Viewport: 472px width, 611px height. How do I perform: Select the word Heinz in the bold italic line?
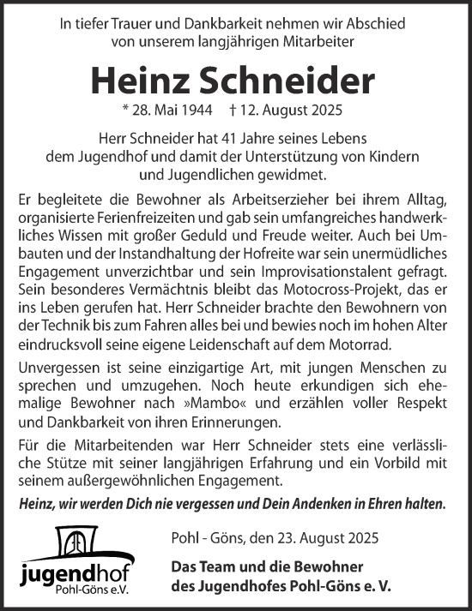point(41,504)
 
